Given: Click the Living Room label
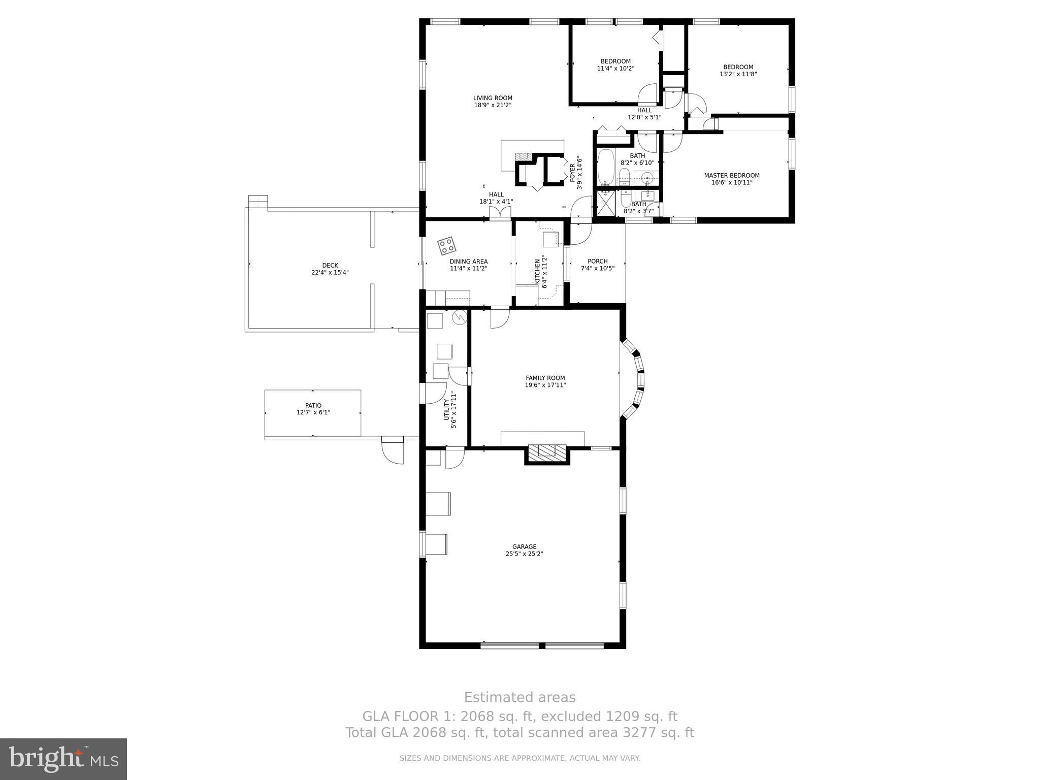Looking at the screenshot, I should click(493, 99).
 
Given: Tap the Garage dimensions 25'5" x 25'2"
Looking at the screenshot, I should click(524, 554).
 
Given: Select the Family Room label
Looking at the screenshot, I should click(545, 378).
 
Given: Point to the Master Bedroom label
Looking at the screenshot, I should click(731, 176).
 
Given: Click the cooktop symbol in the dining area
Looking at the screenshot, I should click(447, 246).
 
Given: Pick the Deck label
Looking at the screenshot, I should click(330, 265).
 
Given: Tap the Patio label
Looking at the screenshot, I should click(313, 405).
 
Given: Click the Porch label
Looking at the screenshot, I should click(597, 261).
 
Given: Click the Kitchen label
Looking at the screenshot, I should click(537, 272).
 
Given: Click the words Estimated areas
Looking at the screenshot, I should click(519, 697).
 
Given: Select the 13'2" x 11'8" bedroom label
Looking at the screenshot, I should click(738, 67).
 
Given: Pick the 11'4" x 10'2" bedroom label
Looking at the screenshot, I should click(615, 61).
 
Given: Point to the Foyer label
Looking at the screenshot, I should click(572, 173).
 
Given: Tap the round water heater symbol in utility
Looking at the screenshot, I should click(459, 317).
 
